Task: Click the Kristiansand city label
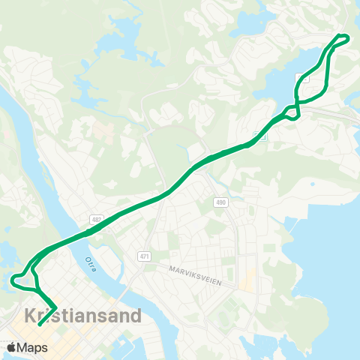point(82,316)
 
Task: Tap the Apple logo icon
point(11,347)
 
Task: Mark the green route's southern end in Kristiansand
point(40,325)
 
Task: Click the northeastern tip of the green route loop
point(347,37)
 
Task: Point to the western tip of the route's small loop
point(13,280)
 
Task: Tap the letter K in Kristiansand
point(31,316)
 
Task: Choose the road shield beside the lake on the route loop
point(303,77)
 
